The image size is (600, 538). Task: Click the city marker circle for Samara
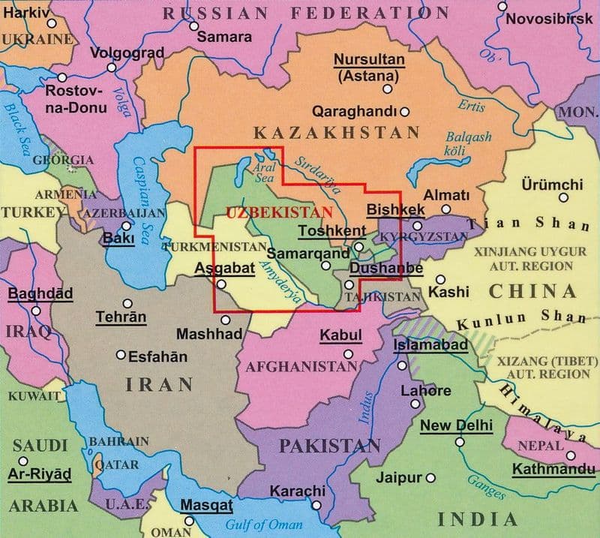pos(194,26)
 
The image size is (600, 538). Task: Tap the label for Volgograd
pos(127,53)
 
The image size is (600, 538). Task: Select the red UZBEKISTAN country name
pos(279,212)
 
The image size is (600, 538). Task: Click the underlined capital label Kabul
pos(341,335)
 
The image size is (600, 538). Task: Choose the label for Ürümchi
pos(551,185)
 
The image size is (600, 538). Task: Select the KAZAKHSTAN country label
pos(337,134)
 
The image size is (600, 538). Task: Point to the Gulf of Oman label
pos(259,525)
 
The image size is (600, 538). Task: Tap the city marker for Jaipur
pos(430,478)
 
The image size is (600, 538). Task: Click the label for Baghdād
pos(40,293)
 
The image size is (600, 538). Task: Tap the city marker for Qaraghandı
pos(405,112)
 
